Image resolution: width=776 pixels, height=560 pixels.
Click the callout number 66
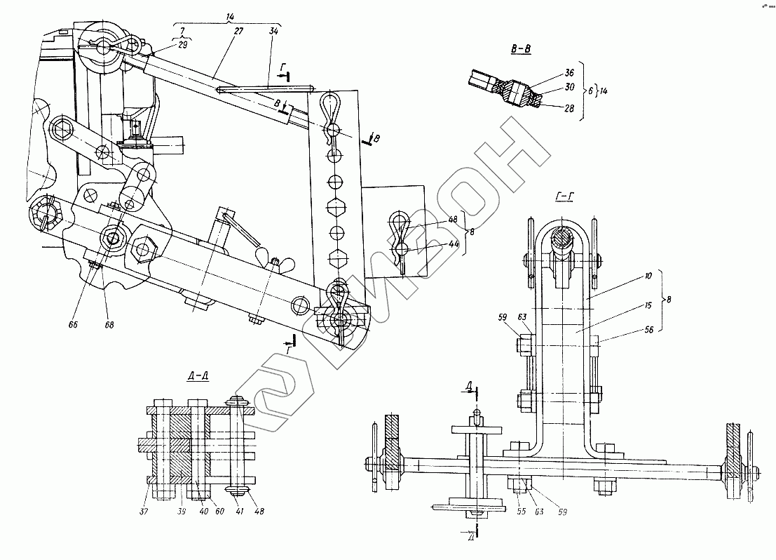coord(72,325)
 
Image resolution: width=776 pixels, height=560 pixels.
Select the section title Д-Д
coord(198,375)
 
